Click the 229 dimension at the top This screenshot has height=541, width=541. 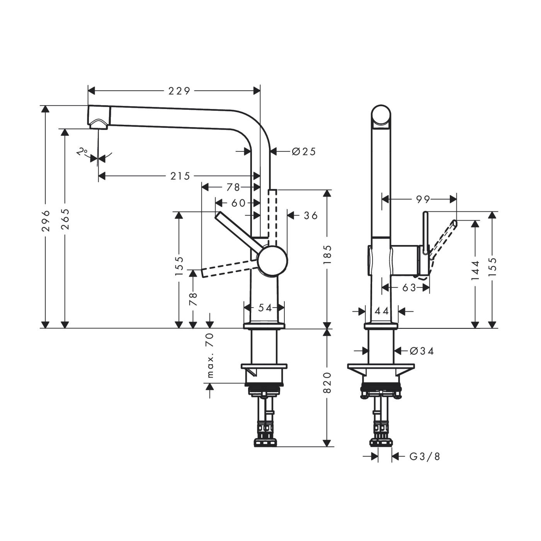pyautogui.click(x=179, y=91)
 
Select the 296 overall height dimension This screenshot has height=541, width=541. pyautogui.click(x=46, y=220)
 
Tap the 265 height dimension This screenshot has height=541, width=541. pyautogui.click(x=65, y=219)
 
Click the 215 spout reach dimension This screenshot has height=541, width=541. pyautogui.click(x=180, y=176)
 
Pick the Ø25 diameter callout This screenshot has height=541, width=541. pyautogui.click(x=304, y=151)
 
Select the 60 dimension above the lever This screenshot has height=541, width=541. pyautogui.click(x=238, y=203)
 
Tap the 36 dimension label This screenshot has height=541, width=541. pyautogui.click(x=311, y=216)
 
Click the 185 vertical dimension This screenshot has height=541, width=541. pyautogui.click(x=327, y=254)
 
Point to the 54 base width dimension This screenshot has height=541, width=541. pyautogui.click(x=265, y=308)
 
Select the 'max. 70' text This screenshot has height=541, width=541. pyautogui.click(x=210, y=355)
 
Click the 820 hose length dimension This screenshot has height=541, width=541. pyautogui.click(x=327, y=383)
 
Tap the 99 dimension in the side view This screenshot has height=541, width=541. pyautogui.click(x=423, y=199)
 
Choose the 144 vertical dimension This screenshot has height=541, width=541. pyautogui.click(x=475, y=270)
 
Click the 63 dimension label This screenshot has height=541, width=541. pyautogui.click(x=409, y=288)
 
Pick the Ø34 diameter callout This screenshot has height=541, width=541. pyautogui.click(x=422, y=351)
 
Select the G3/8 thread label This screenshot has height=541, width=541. pyautogui.click(x=425, y=457)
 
